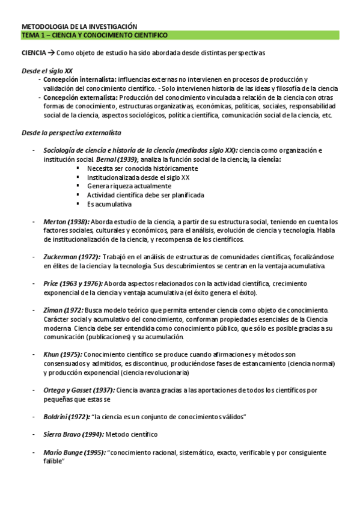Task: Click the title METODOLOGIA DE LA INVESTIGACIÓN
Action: tap(79, 26)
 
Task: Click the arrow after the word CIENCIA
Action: tap(52, 53)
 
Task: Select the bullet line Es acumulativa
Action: tap(109, 204)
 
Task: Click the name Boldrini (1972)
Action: tap(66, 416)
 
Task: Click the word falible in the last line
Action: tap(54, 461)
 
